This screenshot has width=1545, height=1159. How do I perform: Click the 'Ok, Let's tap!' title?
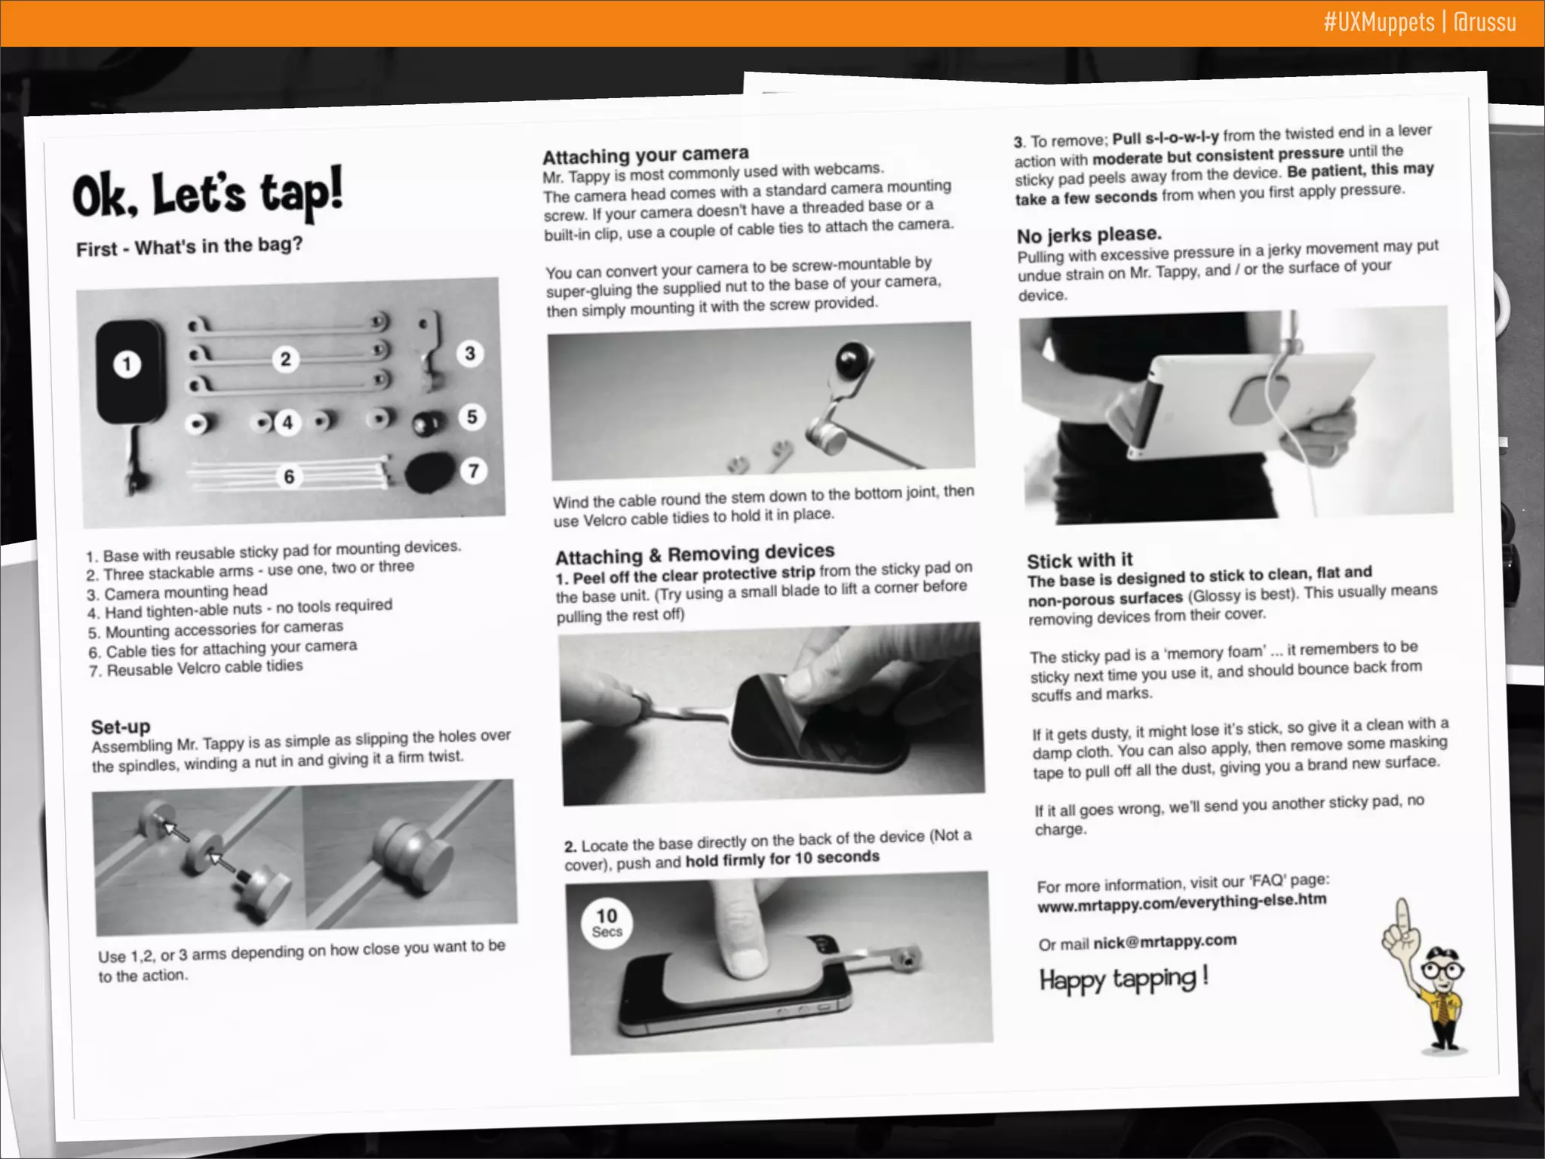207,192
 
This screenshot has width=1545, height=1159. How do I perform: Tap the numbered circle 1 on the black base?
127,364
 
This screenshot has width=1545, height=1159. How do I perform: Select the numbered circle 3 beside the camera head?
470,353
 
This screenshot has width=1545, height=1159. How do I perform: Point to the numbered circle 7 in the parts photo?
473,471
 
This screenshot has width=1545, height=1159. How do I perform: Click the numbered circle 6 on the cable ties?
289,476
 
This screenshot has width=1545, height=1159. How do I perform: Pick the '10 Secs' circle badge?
607,923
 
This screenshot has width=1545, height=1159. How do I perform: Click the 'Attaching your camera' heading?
646,155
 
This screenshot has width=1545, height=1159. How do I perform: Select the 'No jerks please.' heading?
1089,235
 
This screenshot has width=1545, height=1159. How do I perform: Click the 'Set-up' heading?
121,727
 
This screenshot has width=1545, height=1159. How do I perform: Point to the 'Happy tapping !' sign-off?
1124,979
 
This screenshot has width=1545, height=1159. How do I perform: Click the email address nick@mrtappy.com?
1165,941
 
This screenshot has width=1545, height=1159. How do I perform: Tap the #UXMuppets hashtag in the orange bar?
1378,22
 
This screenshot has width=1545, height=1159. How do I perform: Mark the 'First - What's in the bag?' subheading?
189,246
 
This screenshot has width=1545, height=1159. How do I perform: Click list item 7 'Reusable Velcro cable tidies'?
196,668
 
